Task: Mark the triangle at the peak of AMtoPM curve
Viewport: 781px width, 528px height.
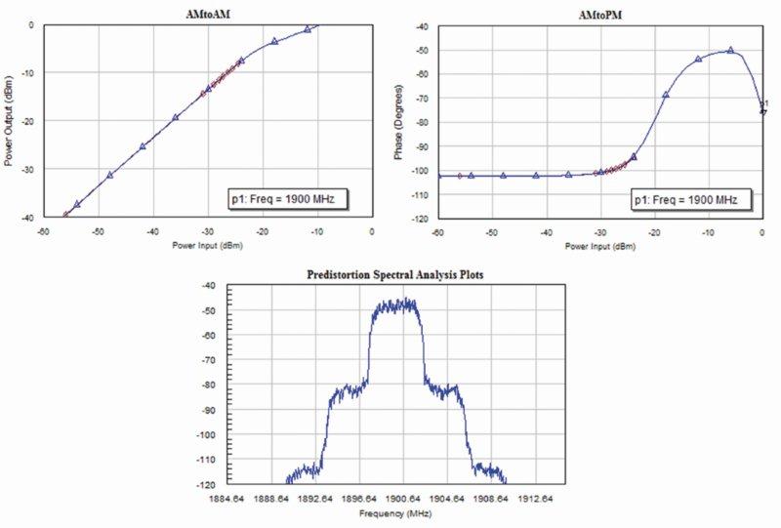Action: [729, 50]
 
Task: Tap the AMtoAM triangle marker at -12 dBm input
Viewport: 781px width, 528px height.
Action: [308, 28]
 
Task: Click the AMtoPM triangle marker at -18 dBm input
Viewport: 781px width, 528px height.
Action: [666, 95]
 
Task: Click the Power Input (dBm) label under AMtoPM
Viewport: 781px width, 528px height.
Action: [599, 246]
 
